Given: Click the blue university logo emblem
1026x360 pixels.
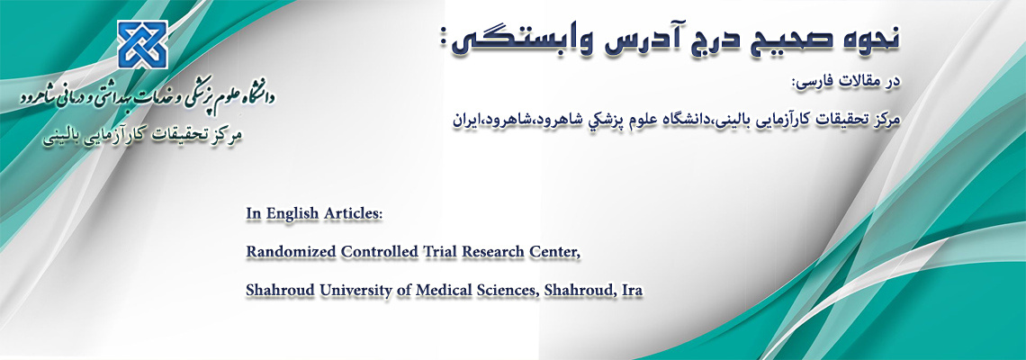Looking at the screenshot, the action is click(142, 44).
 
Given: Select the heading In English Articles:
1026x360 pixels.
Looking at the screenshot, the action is click(313, 214).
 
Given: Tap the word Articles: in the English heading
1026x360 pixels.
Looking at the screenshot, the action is click(353, 213).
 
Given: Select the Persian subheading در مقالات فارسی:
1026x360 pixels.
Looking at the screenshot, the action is click(849, 83).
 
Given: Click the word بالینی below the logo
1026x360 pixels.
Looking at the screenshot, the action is click(66, 140).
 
